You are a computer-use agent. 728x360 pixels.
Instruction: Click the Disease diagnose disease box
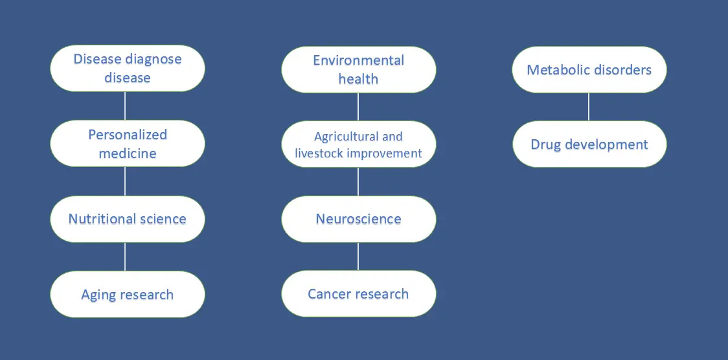pos(127,68)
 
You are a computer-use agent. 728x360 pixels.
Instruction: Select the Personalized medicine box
pos(127,143)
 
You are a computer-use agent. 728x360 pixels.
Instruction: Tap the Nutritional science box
pos(127,219)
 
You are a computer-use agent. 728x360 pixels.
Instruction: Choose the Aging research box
pos(127,294)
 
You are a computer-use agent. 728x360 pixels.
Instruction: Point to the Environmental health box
pos(358,69)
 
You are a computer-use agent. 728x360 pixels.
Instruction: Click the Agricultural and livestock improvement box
pos(358,144)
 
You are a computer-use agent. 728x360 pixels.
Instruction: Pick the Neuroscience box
pos(358,219)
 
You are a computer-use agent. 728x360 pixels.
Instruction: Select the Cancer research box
pos(358,294)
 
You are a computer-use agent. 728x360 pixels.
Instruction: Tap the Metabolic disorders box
pos(589,69)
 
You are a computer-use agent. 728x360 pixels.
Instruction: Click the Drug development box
pos(589,144)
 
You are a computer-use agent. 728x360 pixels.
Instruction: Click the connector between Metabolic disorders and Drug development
pos(589,107)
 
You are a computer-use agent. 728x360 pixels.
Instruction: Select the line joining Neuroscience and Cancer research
pos(358,256)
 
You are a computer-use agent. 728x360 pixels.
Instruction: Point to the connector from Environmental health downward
pos(358,107)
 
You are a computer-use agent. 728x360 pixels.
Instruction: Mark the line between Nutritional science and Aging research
pos(125,256)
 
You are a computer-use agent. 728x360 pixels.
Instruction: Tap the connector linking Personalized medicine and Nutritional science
pos(125,181)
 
